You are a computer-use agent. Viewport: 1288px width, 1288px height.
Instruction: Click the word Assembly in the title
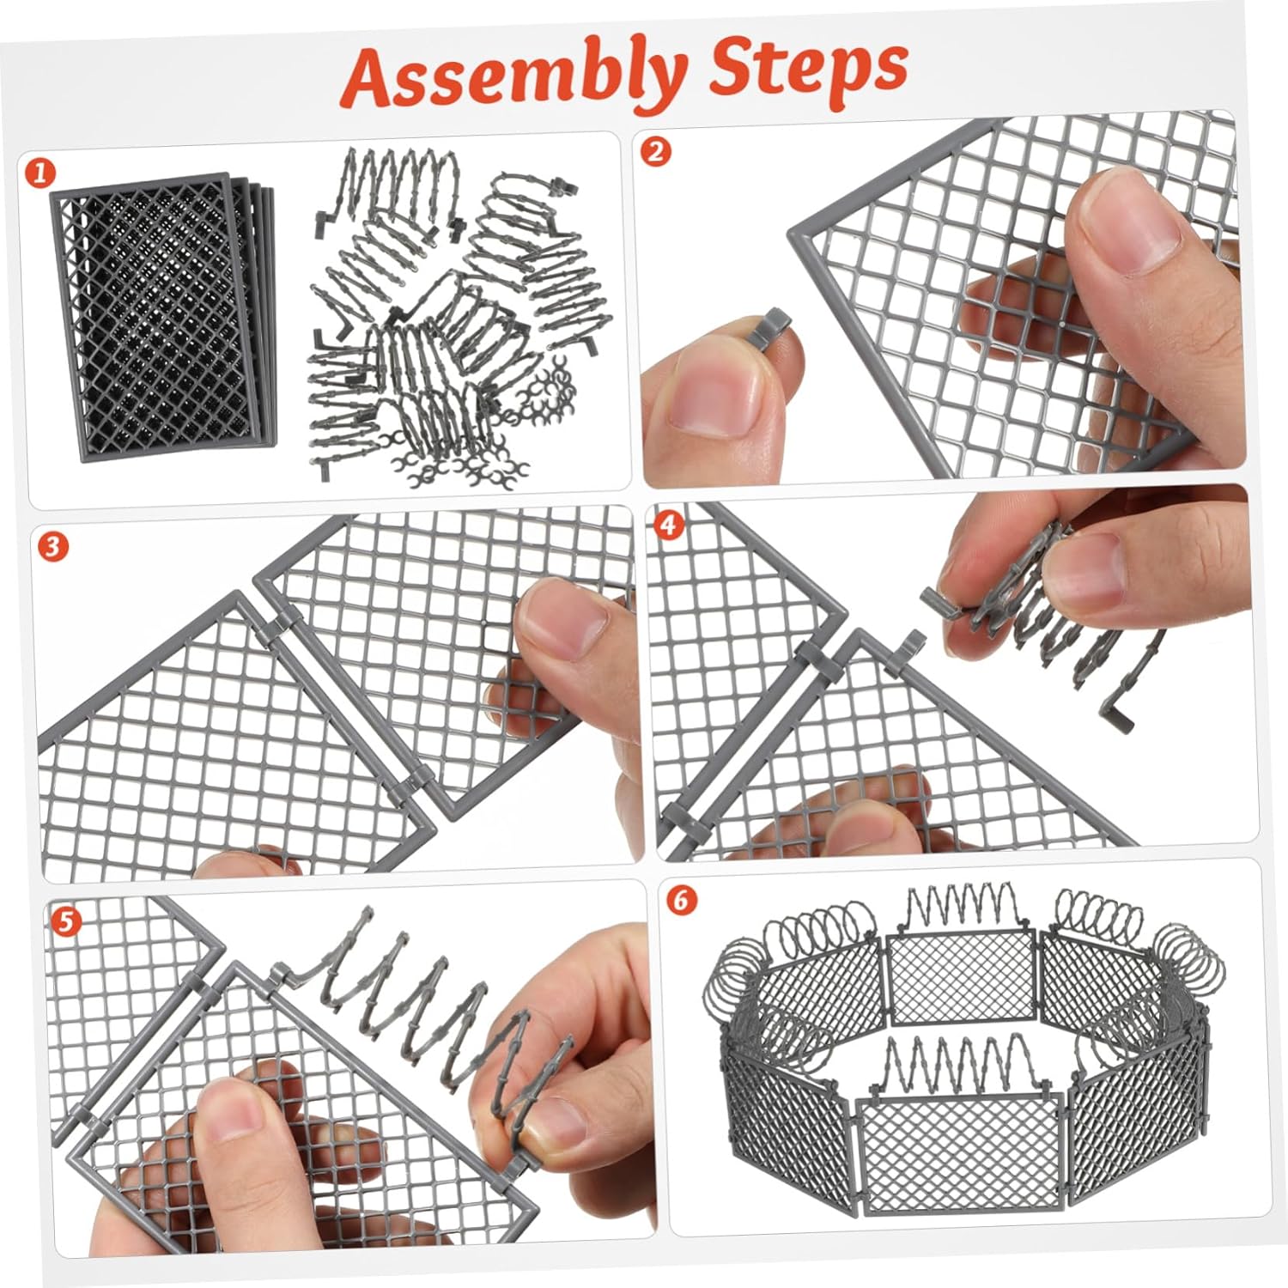[x=514, y=75]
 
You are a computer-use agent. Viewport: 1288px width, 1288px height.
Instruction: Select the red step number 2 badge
[x=656, y=151]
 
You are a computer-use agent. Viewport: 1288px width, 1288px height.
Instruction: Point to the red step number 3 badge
[x=53, y=546]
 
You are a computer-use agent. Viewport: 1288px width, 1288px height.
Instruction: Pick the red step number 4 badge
[x=671, y=525]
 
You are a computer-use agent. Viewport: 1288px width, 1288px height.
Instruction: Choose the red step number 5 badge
[x=66, y=921]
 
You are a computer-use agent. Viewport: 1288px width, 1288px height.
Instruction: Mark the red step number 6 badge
[x=682, y=900]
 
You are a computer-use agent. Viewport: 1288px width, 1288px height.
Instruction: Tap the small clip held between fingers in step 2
[x=771, y=325]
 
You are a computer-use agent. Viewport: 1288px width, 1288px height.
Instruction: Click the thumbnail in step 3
[x=557, y=619]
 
